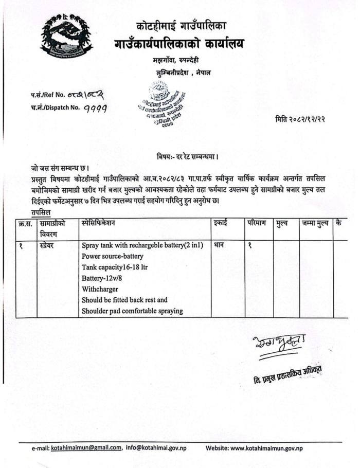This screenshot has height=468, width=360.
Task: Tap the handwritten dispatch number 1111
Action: pyautogui.click(x=98, y=107)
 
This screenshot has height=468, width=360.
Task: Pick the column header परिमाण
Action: pyautogui.click(x=256, y=223)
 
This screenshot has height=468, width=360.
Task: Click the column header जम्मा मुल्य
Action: pyautogui.click(x=315, y=223)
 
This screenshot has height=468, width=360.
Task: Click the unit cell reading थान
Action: pyautogui.click(x=219, y=245)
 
